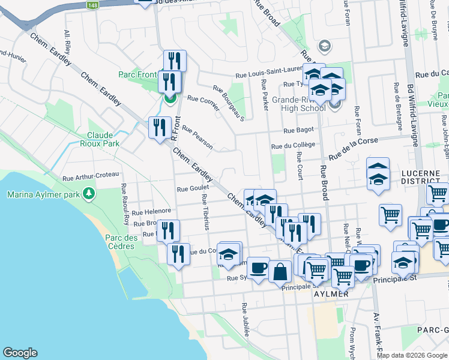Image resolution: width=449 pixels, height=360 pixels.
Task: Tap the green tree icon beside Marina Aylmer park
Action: (89, 193)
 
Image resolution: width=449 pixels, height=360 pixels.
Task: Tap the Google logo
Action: (20, 353)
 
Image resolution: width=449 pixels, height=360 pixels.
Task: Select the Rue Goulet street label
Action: (191, 188)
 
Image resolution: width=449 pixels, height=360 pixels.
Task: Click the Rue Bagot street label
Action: (299, 130)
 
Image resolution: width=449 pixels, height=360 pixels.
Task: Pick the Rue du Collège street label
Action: (293, 145)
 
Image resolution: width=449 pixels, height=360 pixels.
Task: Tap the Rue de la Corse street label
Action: (351, 148)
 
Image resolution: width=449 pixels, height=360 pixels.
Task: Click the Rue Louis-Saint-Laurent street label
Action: (265, 75)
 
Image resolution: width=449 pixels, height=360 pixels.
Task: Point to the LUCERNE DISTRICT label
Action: (421, 176)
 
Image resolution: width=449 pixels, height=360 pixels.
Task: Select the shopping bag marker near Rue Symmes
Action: (280, 271)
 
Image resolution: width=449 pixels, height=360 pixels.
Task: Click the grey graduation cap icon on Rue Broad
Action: (325, 46)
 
